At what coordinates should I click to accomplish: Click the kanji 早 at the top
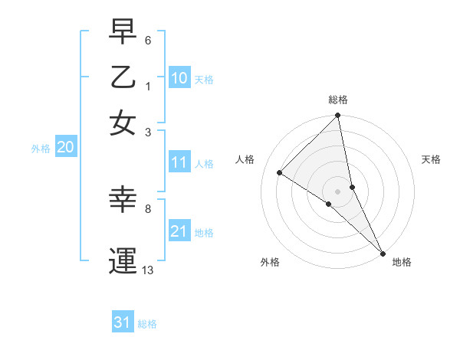click(x=123, y=33)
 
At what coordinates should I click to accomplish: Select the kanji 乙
click(x=123, y=77)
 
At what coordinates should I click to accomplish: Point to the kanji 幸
click(x=123, y=201)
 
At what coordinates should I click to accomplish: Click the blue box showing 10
click(x=179, y=78)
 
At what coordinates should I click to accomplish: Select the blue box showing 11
click(x=179, y=162)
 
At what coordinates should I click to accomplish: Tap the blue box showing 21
click(x=179, y=231)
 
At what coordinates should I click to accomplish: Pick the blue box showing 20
click(x=65, y=148)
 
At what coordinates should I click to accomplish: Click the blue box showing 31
click(x=123, y=322)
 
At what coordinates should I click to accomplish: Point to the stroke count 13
click(x=148, y=270)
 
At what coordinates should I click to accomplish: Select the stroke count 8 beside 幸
click(x=148, y=208)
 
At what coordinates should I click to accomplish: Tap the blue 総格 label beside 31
click(x=147, y=324)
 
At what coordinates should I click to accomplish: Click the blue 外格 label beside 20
click(x=41, y=149)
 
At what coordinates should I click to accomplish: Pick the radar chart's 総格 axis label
click(x=337, y=100)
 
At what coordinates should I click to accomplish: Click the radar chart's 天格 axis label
click(x=431, y=159)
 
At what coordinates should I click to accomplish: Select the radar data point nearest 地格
click(x=383, y=252)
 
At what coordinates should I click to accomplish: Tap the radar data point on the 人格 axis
click(x=280, y=172)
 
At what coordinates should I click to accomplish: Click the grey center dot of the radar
click(x=337, y=191)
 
